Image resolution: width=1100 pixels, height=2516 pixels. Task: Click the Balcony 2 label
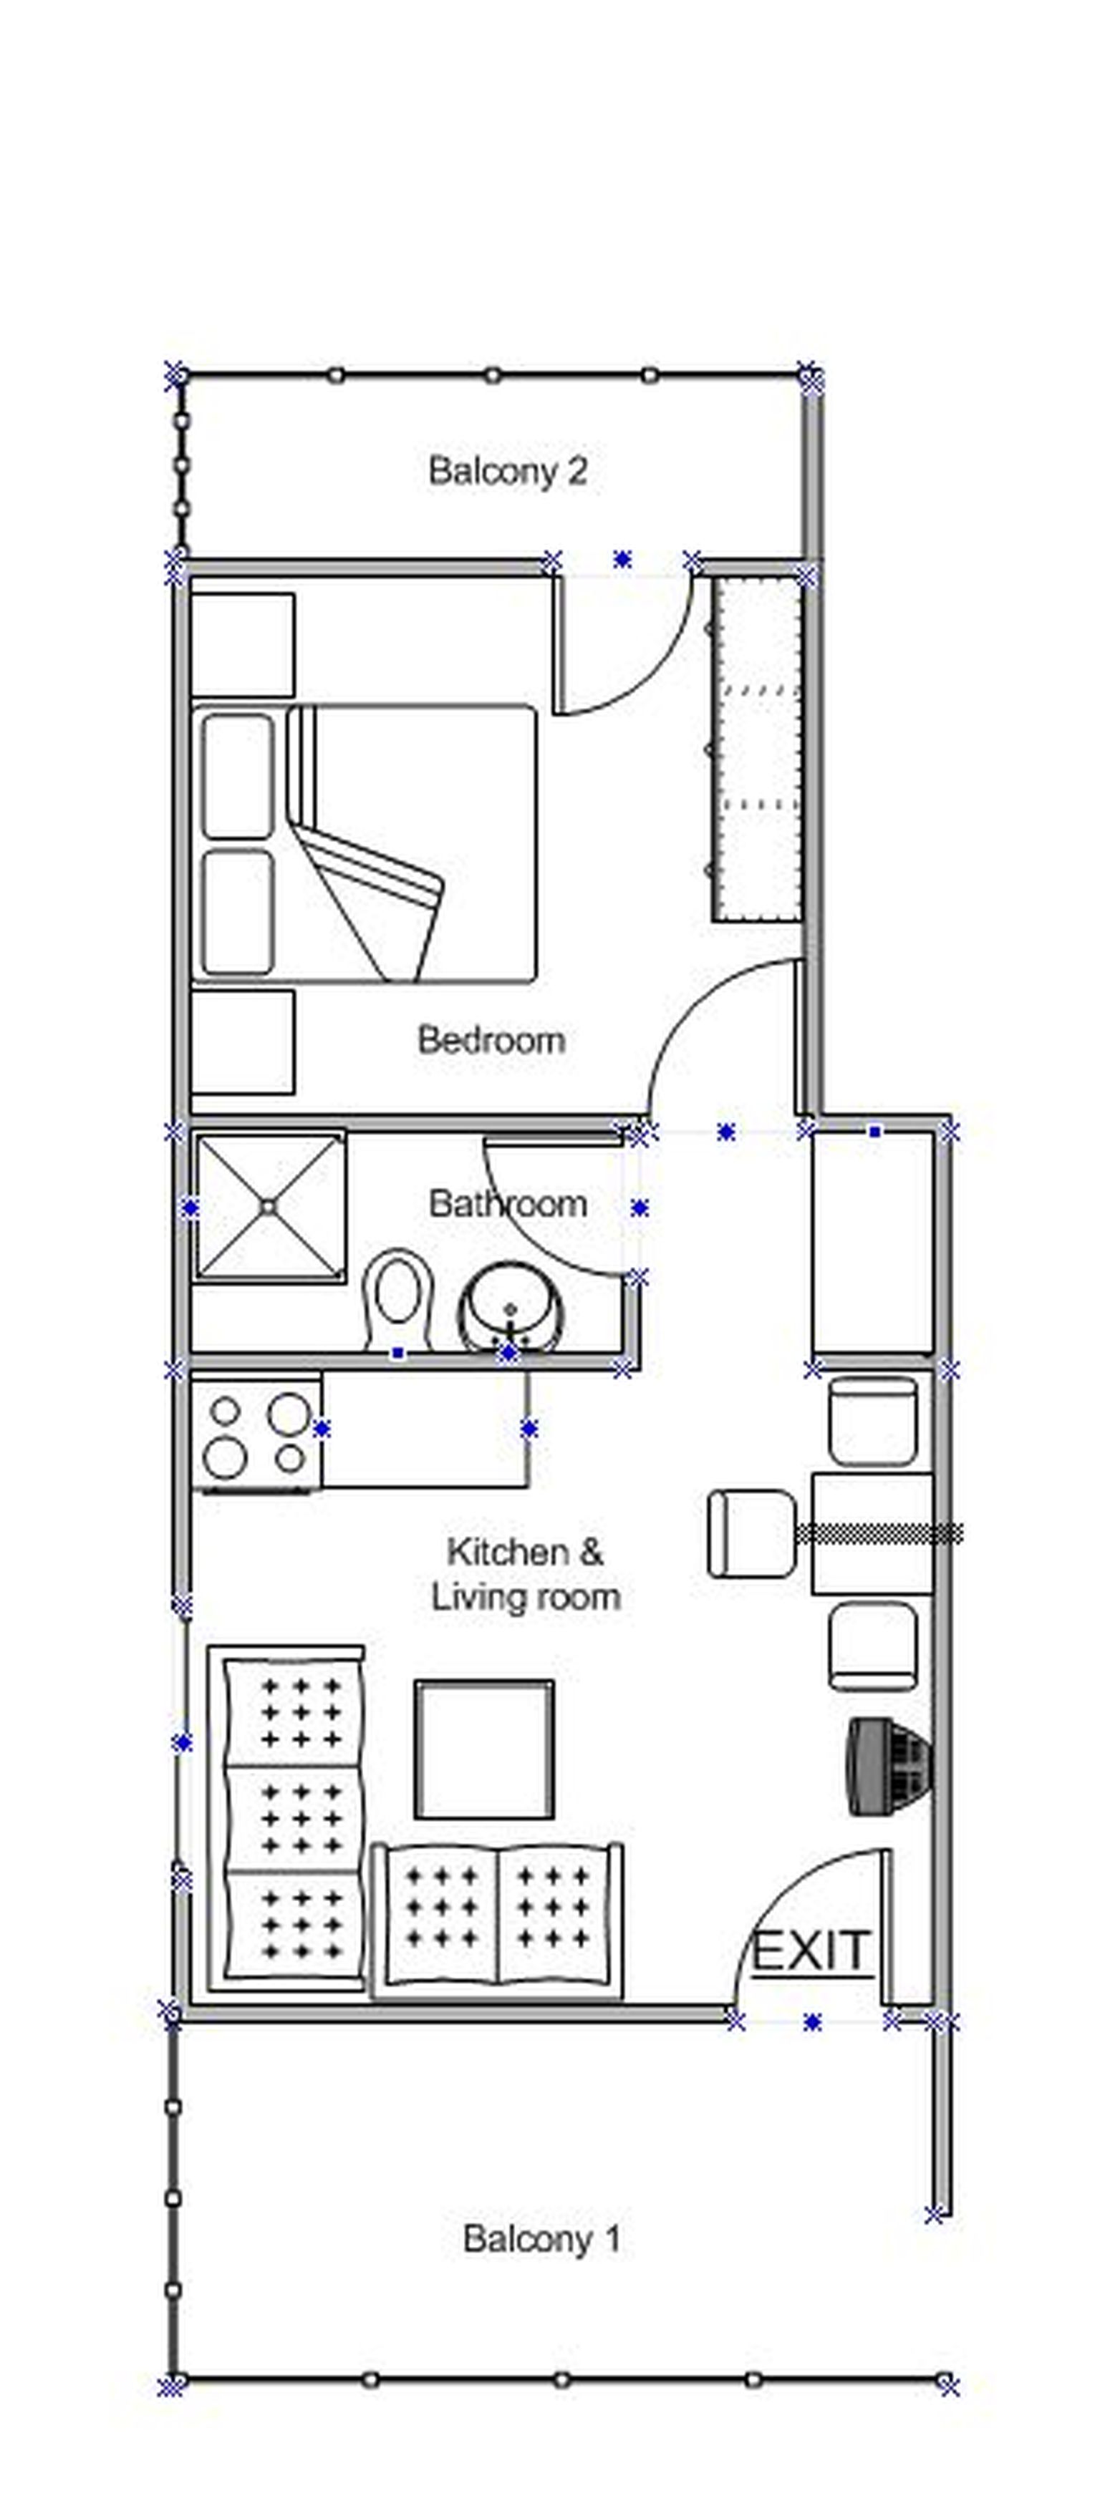point(507,471)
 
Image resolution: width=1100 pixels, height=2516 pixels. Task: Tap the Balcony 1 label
point(541,2238)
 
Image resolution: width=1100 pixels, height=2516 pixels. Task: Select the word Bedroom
point(491,1039)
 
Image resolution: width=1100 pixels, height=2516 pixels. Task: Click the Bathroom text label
point(507,1203)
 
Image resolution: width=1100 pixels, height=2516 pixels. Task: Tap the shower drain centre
point(269,1208)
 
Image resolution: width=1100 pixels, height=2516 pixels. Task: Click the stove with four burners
point(256,1431)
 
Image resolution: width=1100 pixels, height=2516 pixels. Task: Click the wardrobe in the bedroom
point(757,748)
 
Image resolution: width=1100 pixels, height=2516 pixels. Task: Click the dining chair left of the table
point(748,1533)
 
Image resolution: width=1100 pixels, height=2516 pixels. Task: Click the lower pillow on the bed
point(236,911)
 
